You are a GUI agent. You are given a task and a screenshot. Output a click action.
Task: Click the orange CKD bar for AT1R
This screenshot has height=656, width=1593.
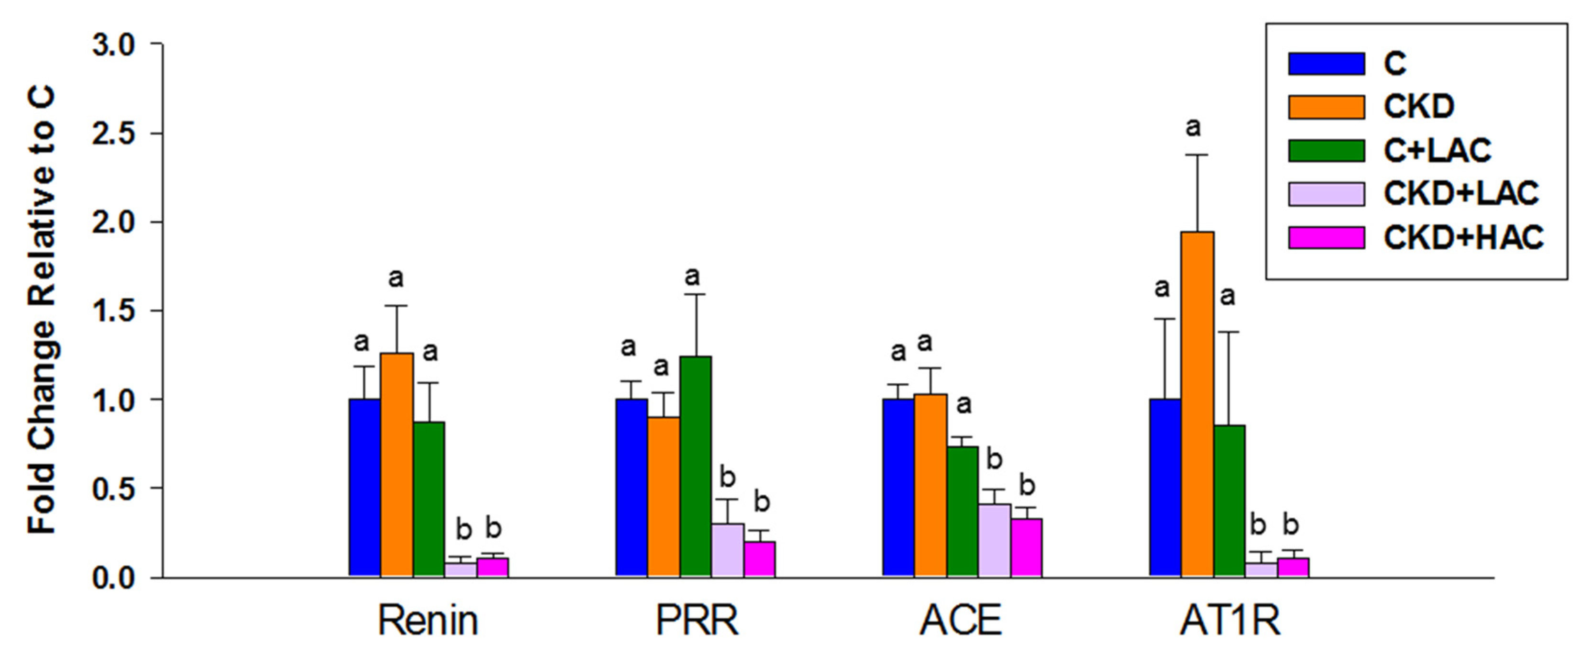tap(1197, 405)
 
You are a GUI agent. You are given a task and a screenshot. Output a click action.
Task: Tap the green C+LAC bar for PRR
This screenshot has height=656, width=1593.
tap(695, 467)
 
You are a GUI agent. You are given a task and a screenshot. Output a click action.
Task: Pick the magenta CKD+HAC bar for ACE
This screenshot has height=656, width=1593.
tap(1026, 548)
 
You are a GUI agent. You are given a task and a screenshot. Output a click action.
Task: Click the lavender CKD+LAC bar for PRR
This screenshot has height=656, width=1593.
tap(727, 550)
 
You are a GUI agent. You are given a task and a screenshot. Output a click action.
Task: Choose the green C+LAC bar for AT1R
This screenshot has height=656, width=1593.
tap(1229, 501)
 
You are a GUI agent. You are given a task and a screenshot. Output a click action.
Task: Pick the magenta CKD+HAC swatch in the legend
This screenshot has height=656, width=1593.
tap(1326, 237)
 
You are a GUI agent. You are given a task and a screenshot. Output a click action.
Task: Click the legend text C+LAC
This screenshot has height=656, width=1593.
tap(1437, 150)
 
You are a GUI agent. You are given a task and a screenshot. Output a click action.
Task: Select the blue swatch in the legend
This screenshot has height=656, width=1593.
tap(1326, 63)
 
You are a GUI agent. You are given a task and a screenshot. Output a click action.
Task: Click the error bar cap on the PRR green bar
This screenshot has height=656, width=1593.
tap(695, 294)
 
